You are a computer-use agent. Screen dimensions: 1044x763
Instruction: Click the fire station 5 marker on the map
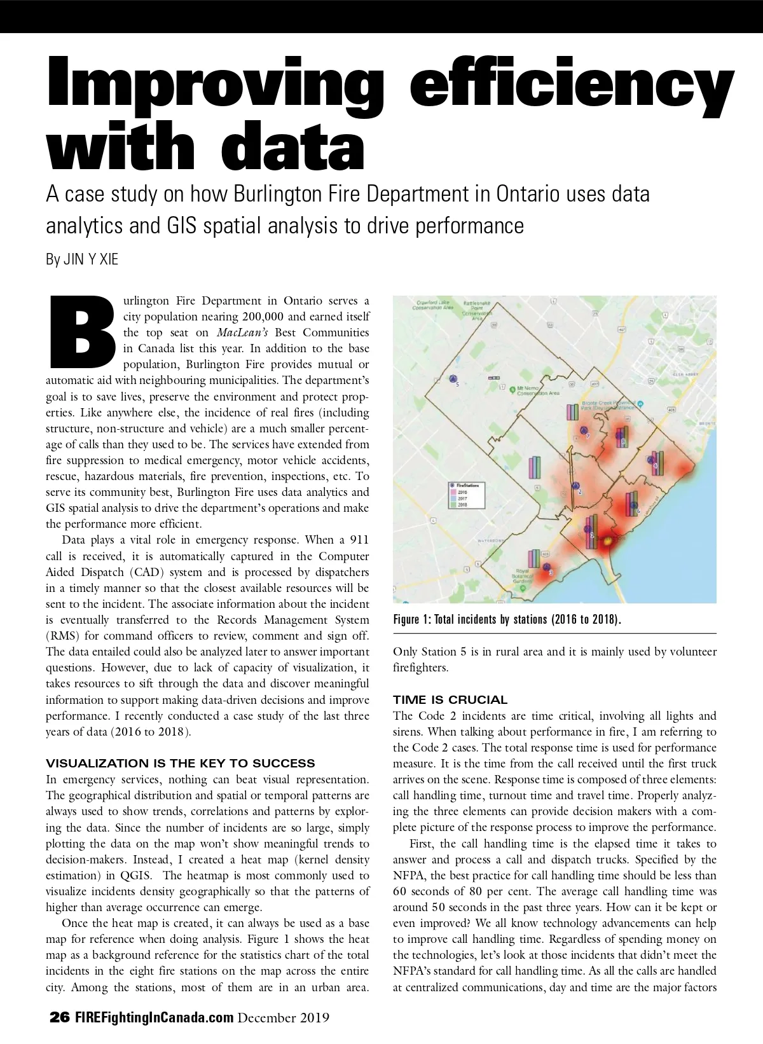[453, 378]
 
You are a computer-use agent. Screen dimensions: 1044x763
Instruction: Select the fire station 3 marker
[547, 567]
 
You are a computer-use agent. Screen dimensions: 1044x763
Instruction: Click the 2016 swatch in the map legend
[453, 492]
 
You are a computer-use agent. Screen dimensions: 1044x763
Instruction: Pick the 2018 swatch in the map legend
[453, 505]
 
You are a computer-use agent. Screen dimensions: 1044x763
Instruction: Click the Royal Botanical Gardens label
[523, 576]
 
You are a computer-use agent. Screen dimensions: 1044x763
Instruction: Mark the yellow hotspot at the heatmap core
[607, 542]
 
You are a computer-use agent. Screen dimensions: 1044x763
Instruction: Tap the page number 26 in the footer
[60, 1017]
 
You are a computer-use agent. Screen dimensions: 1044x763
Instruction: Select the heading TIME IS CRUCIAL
[450, 700]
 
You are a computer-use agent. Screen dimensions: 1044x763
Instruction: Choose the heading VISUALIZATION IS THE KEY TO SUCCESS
[181, 764]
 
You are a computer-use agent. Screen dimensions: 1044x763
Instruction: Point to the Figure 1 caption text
[507, 619]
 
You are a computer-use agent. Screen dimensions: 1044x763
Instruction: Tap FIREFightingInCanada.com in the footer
[155, 1017]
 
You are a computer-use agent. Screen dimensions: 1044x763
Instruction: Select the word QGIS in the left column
[135, 876]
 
